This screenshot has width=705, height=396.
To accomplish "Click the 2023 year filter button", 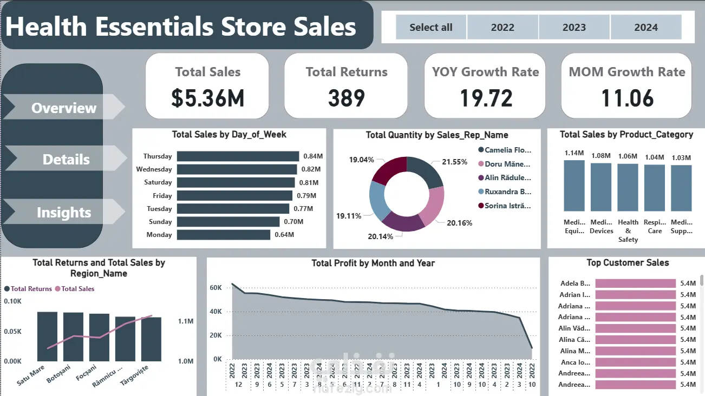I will pyautogui.click(x=574, y=28).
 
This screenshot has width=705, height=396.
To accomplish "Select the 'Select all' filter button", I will pyautogui.click(x=431, y=28).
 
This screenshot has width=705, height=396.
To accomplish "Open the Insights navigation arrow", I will pyautogui.click(x=64, y=213).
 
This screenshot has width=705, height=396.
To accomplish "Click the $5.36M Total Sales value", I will pyautogui.click(x=208, y=98).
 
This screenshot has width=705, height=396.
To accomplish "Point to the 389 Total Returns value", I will pyautogui.click(x=347, y=98).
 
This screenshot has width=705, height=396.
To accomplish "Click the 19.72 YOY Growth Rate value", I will pyautogui.click(x=486, y=98).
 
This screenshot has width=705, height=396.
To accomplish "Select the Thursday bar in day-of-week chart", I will pyautogui.click(x=238, y=156).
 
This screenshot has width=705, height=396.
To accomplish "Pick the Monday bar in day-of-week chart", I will pyautogui.click(x=223, y=235).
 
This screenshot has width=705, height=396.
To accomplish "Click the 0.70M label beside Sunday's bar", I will pyautogui.click(x=293, y=222).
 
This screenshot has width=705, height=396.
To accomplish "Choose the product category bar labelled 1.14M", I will pyautogui.click(x=574, y=185).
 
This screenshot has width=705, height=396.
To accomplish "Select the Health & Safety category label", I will pyautogui.click(x=628, y=231).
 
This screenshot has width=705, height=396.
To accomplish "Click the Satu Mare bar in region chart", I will pyautogui.click(x=47, y=336).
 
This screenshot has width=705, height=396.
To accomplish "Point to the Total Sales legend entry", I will pyautogui.click(x=77, y=289).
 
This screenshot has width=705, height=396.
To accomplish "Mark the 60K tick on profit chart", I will pyautogui.click(x=216, y=288).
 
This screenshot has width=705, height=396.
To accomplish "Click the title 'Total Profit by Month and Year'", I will pyautogui.click(x=373, y=263).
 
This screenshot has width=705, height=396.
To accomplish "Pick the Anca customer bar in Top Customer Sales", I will pyautogui.click(x=635, y=362).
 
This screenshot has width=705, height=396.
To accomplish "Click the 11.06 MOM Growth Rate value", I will pyautogui.click(x=628, y=98).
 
